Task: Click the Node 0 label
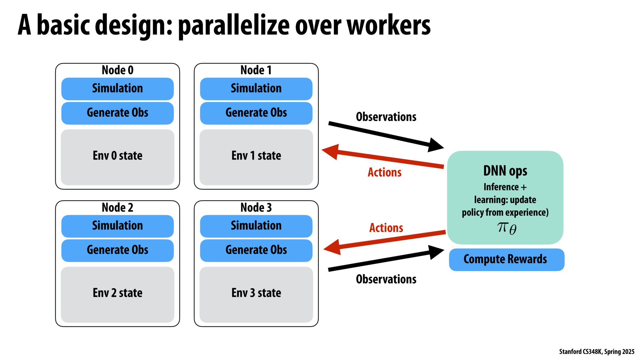[117, 70]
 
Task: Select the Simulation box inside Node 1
[256, 89]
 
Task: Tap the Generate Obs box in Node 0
[117, 113]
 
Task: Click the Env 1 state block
[256, 157]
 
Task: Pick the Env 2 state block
[117, 294]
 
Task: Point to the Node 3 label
[256, 208]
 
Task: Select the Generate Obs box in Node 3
[256, 250]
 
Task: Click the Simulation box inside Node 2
[117, 226]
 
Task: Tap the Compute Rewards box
[506, 259]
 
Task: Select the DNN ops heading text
[505, 171]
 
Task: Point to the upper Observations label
[386, 117]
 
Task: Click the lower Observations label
[386, 279]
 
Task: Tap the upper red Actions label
[384, 172]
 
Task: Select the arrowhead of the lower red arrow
[332, 247]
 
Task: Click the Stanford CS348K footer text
[596, 351]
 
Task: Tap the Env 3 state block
[256, 294]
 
